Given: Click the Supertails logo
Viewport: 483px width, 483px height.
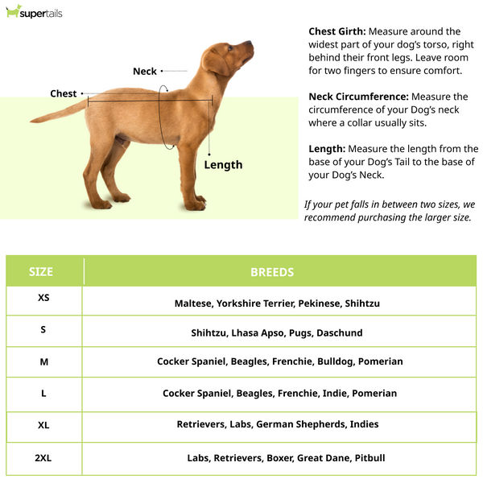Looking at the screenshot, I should (x=34, y=12).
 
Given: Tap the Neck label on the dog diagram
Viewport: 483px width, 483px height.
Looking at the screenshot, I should (x=145, y=72).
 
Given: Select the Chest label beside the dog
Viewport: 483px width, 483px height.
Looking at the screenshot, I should (x=63, y=93).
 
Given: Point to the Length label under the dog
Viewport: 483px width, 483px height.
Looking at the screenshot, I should (x=223, y=165).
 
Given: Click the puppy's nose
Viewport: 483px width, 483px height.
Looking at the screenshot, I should (x=250, y=47).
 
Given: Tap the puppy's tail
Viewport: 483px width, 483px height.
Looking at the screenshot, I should (x=56, y=114).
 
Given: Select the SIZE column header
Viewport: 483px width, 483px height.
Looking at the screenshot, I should (x=41, y=272).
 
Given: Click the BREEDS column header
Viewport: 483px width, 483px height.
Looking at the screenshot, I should (x=272, y=272).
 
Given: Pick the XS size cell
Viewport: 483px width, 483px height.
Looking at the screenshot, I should (x=43, y=298).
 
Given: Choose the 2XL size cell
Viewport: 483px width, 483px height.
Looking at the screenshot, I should (x=43, y=458).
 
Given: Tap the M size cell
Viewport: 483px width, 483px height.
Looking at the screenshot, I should (x=43, y=361).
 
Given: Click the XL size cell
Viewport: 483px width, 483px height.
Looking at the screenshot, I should (x=43, y=425).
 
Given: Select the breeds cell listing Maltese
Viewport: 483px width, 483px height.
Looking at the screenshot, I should (x=277, y=303).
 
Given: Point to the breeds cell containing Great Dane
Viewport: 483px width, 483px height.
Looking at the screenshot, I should (x=286, y=458).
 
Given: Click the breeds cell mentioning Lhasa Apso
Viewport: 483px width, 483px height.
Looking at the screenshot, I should (x=277, y=332).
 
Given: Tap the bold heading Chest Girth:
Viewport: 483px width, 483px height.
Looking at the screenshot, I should (x=338, y=31).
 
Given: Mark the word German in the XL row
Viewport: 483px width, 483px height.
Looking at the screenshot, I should (x=276, y=424).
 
